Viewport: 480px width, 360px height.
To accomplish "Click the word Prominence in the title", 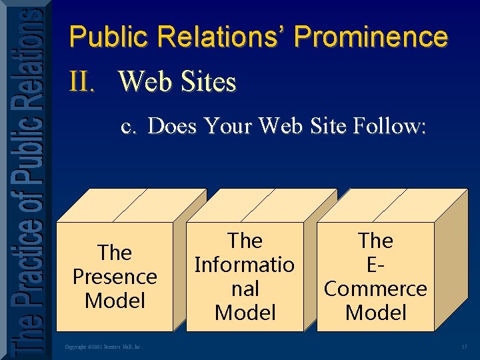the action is pyautogui.click(x=371, y=37).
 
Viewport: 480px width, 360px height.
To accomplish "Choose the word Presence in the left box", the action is pyautogui.click(x=115, y=277).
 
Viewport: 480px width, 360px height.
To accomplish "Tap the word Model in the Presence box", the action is pyautogui.click(x=115, y=301).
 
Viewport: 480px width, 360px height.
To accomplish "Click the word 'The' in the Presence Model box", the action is pyautogui.click(x=115, y=253).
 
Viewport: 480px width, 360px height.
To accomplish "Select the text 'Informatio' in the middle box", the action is pyautogui.click(x=245, y=265).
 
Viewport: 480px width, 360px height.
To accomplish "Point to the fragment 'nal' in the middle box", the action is pyautogui.click(x=245, y=289).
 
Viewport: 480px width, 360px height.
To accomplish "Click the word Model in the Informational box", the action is pyautogui.click(x=245, y=313).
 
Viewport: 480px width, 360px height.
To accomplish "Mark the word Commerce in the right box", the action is pyautogui.click(x=375, y=289).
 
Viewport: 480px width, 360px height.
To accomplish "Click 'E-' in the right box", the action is pyautogui.click(x=375, y=265).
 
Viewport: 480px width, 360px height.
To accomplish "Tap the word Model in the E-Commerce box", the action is pyautogui.click(x=375, y=313).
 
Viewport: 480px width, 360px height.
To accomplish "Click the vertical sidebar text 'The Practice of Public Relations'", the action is pyautogui.click(x=25, y=180).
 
